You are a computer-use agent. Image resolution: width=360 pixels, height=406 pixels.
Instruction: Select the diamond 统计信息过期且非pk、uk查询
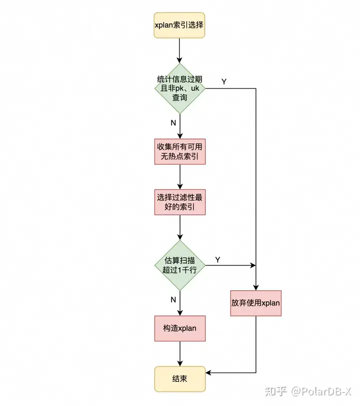point(179,88)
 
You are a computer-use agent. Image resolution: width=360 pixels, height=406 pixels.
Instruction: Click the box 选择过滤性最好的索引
point(179,201)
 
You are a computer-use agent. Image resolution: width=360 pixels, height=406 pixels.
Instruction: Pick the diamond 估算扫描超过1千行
point(179,265)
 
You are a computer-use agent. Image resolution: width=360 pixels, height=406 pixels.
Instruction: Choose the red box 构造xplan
point(179,328)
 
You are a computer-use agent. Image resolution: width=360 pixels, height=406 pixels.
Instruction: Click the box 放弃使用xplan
point(255,303)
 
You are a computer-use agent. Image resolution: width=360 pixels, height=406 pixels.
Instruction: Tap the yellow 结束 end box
point(179,379)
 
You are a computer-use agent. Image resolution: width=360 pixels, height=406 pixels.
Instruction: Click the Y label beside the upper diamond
point(223,81)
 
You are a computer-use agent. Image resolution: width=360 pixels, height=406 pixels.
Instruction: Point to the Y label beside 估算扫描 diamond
point(217,259)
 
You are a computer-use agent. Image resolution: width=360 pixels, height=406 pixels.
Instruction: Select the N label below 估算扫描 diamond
point(173,300)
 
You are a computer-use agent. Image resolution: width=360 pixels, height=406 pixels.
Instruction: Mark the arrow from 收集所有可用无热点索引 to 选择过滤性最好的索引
point(179,176)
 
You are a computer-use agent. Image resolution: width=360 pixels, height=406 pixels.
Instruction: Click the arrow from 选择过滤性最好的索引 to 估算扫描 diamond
point(179,227)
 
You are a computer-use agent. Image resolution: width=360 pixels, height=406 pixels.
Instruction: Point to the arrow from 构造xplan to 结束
point(179,353)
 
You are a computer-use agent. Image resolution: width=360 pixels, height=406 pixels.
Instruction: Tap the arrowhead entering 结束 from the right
point(208,373)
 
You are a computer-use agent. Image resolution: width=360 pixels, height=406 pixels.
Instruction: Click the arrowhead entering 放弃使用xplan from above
point(255,287)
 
